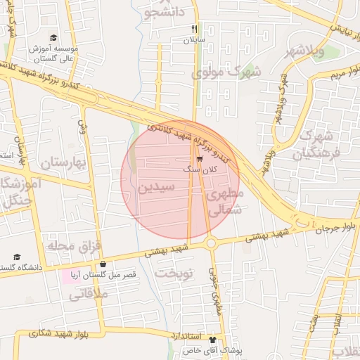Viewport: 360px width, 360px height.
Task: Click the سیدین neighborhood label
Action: [156, 188]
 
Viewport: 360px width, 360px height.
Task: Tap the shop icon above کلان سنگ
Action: [190, 159]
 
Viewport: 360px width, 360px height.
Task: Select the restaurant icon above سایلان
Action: [193, 30]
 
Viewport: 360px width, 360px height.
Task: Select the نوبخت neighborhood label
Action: [174, 273]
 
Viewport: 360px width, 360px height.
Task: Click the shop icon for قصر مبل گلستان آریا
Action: [103, 265]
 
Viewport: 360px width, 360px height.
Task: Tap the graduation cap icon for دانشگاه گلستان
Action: [17, 257]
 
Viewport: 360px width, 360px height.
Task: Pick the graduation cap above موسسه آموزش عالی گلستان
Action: [53, 38]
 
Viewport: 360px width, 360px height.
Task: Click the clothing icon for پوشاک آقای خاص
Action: [213, 339]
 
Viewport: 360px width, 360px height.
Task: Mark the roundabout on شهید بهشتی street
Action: [211, 243]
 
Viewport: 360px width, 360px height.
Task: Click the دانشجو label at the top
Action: [165, 12]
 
